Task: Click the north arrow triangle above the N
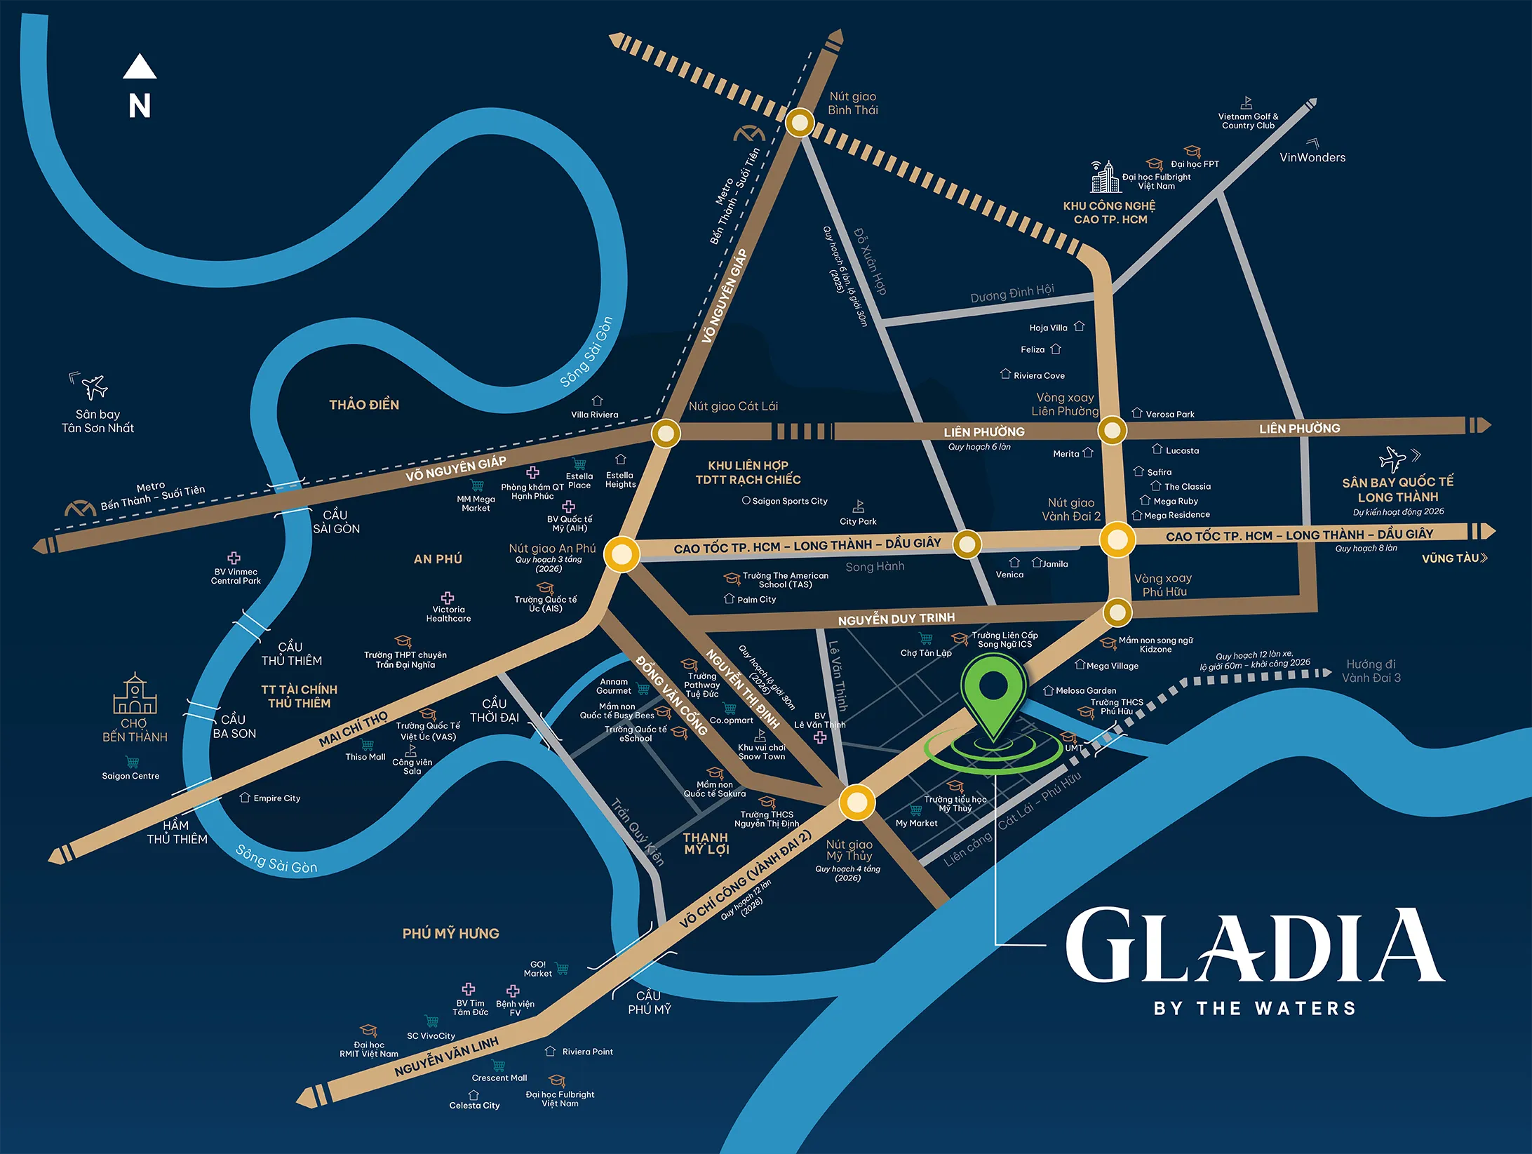(140, 67)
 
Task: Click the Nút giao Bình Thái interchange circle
(799, 123)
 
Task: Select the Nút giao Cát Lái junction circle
(666, 433)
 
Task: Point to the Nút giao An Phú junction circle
(621, 553)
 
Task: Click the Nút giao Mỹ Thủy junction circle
(856, 803)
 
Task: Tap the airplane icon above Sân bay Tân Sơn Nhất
(93, 387)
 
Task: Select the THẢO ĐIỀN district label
(364, 405)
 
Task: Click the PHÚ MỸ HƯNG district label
(450, 933)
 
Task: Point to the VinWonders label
(1312, 158)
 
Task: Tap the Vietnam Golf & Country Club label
(1248, 121)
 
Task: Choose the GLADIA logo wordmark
(1254, 946)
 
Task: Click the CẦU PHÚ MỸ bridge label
(649, 1002)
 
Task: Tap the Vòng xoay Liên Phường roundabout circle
(1112, 430)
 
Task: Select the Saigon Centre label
(130, 776)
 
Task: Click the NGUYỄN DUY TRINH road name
(896, 619)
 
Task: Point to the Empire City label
(276, 798)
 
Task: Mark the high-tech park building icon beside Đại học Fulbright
(1105, 177)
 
